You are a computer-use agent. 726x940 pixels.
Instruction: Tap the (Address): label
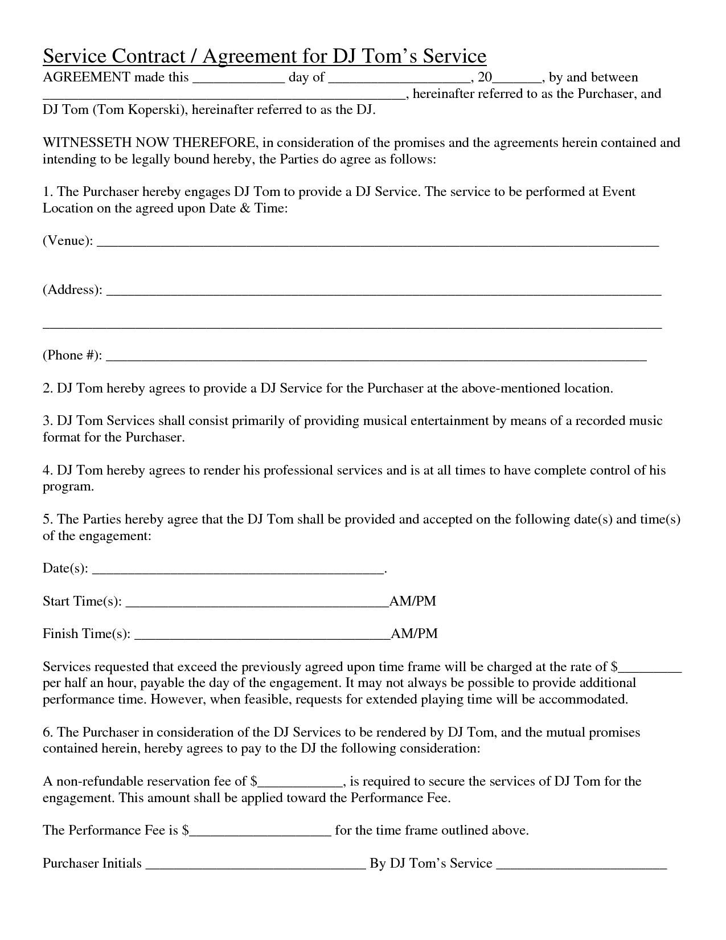click(x=73, y=289)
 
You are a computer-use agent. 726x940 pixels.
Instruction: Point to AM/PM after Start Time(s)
click(x=412, y=601)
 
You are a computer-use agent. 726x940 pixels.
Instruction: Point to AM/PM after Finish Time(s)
click(x=414, y=634)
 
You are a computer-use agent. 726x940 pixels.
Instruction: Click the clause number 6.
click(x=47, y=732)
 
